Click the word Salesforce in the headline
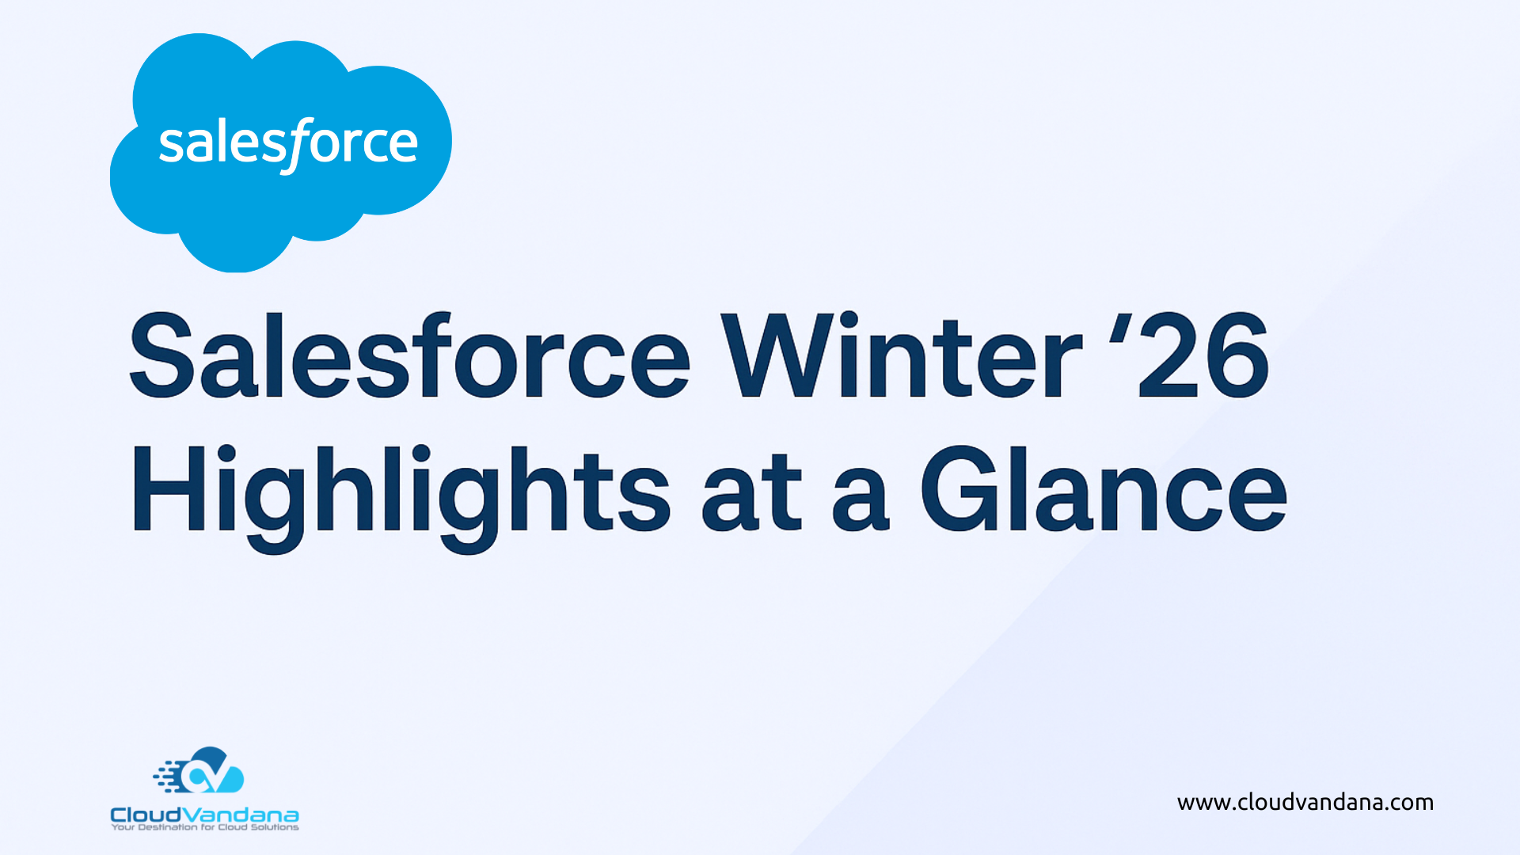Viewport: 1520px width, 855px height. (x=410, y=355)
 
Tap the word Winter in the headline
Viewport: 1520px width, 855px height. (x=901, y=355)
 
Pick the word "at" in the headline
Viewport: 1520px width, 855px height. (x=752, y=492)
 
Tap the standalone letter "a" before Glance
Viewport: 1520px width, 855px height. (x=861, y=500)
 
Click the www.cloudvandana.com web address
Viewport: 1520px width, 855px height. (x=1305, y=803)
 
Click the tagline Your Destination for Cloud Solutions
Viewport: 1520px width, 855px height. (x=205, y=827)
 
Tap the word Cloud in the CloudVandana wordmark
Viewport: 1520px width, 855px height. (x=146, y=815)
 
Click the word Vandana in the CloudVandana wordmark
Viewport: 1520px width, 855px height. (x=240, y=815)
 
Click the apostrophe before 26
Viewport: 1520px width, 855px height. (x=1119, y=329)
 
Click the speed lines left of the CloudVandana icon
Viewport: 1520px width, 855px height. (x=168, y=777)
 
